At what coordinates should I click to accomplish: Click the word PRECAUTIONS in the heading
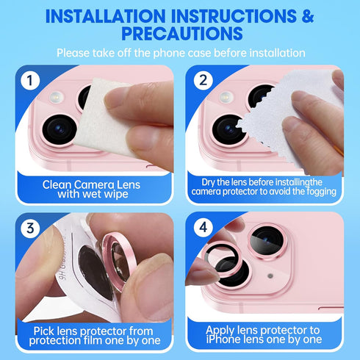(x=179, y=33)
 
